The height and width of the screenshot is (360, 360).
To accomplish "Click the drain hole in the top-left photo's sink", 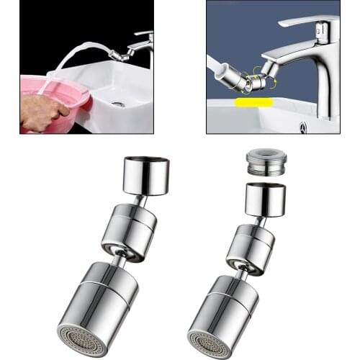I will tap(120, 104).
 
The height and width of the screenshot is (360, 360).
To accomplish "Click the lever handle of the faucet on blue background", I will tap(306, 21).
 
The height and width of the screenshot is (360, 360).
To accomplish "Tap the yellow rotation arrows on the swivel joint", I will tap(252, 75).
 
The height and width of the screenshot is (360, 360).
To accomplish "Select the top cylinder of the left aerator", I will tap(146, 175).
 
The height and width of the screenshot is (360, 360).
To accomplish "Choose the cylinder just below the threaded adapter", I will tap(264, 199).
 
